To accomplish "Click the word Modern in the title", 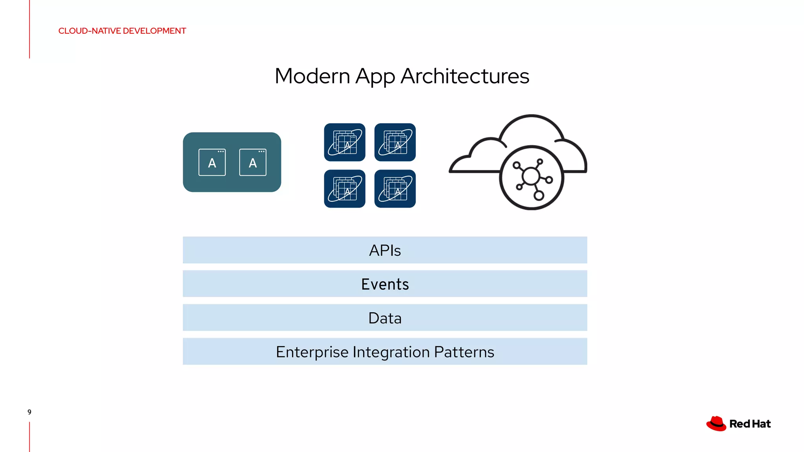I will [312, 76].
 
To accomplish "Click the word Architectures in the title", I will [465, 76].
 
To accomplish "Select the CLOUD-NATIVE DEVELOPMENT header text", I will [122, 31].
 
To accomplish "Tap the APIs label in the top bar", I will [385, 250].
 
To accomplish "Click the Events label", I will [385, 284].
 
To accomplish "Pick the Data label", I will [385, 318].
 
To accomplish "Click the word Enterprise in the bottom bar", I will [312, 352].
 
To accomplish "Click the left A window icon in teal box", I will [212, 162].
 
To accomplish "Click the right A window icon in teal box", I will [253, 162].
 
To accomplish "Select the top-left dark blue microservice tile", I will [345, 142].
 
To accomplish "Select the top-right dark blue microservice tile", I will [395, 142].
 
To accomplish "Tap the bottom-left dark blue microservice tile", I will [345, 189].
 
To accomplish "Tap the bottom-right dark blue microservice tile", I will [395, 189].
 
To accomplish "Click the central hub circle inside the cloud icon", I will [531, 176].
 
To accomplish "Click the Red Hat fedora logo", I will [716, 424].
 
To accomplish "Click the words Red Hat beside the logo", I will [750, 424].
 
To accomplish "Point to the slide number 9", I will [29, 412].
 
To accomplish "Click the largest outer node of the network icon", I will [539, 195].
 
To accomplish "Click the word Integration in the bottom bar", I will [391, 352].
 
